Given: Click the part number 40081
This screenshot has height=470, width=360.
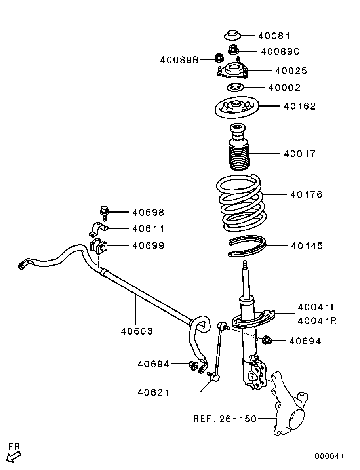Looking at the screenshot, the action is click(x=274, y=36).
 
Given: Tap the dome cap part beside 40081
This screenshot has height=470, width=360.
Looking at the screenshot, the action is click(x=232, y=35).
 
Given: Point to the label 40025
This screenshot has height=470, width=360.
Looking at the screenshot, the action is click(x=291, y=71).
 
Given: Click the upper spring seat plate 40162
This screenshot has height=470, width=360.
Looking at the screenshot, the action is click(x=237, y=108).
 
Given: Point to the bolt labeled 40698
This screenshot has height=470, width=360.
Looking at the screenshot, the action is click(x=104, y=213).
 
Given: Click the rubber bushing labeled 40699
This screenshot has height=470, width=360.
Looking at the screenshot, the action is click(x=98, y=246).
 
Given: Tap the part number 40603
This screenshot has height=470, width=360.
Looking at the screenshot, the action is click(x=137, y=331).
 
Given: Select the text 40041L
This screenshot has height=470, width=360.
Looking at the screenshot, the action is click(x=317, y=307).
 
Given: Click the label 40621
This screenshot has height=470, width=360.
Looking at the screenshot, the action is click(x=154, y=392).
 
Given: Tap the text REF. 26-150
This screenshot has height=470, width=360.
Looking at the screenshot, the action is click(x=225, y=419).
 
